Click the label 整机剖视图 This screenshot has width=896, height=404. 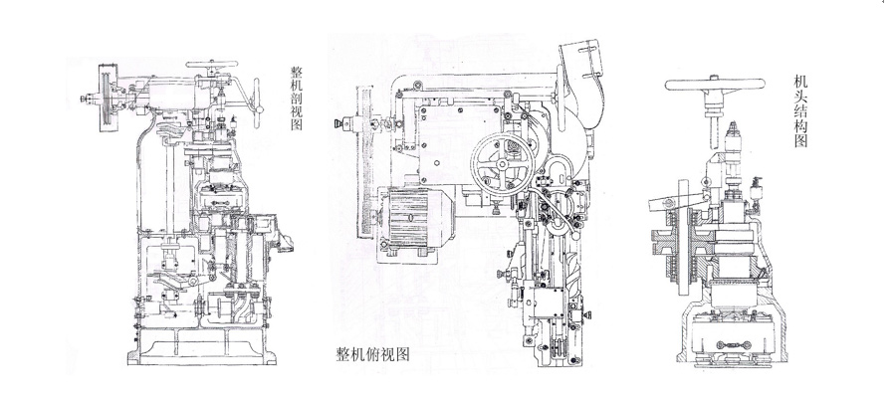[x=296, y=99]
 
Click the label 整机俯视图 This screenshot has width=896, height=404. [x=373, y=353]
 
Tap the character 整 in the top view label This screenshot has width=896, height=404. [x=344, y=353]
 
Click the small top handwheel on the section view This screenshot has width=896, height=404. [x=209, y=69]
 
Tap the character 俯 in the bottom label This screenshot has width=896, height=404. [x=373, y=353]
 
